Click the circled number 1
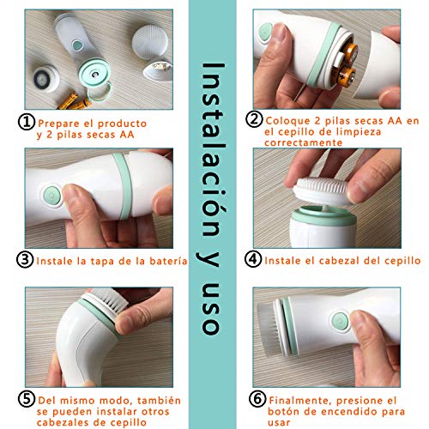pyautogui.click(x=27, y=123)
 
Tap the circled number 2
pyautogui.click(x=254, y=119)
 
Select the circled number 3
pyautogui.click(x=25, y=260)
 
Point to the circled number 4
pyautogui.click(x=253, y=259)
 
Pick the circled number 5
pyautogui.click(x=27, y=399)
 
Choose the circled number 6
pyautogui.click(x=257, y=399)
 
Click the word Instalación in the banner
pyautogui.click(x=212, y=149)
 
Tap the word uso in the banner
pyautogui.click(x=211, y=309)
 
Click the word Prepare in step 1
pyautogui.click(x=58, y=124)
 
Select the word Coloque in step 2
pyautogui.click(x=287, y=121)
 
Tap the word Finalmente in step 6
pyautogui.click(x=300, y=401)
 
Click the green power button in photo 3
pyautogui.click(x=51, y=196)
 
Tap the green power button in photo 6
pyautogui.click(x=341, y=321)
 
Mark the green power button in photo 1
pyautogui.click(x=76, y=45)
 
